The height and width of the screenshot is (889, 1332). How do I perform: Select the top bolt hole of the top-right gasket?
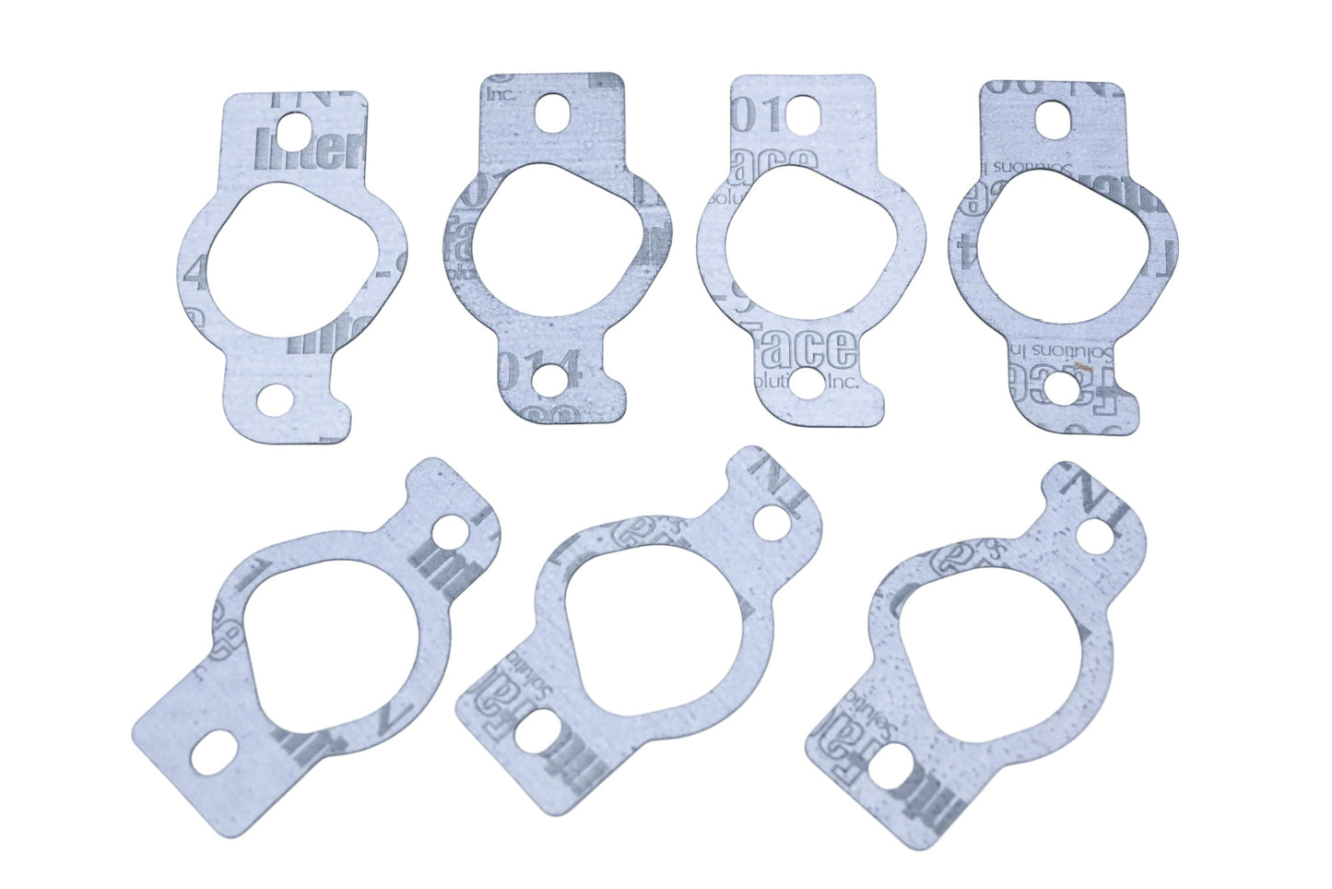pos(1051,118)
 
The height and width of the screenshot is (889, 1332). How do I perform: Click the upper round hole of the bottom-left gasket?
pos(453,530)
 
